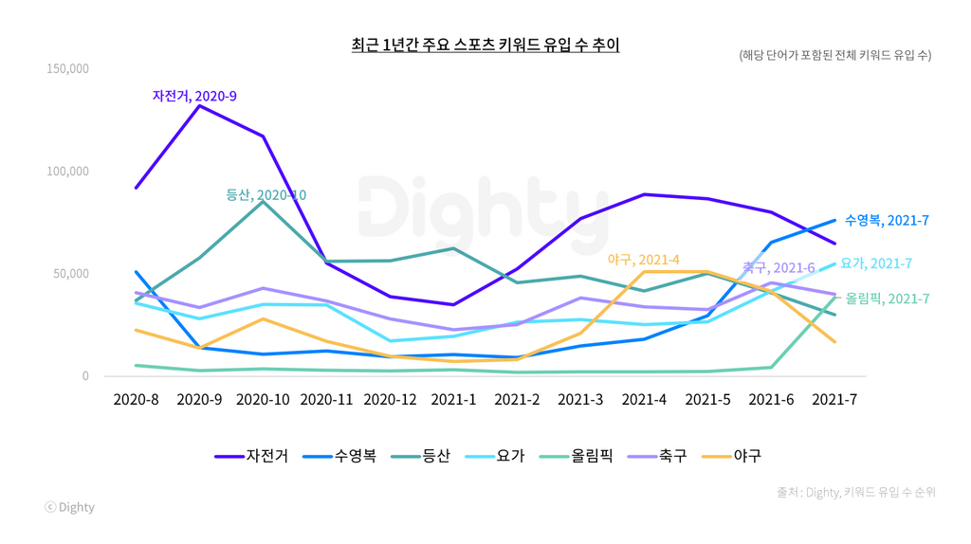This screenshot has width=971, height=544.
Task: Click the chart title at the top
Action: (485, 45)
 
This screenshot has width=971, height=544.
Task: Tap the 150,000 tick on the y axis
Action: (66, 69)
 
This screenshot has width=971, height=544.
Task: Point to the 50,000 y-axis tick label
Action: (70, 274)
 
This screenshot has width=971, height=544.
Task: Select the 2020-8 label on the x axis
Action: (136, 400)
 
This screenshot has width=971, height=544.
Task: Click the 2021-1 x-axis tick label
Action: (453, 400)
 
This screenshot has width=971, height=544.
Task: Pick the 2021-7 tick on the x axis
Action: (834, 400)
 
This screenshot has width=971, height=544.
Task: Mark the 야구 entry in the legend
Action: (733, 456)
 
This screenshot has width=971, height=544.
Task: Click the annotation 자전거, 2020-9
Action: (194, 96)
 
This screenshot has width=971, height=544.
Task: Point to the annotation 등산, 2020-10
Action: (266, 195)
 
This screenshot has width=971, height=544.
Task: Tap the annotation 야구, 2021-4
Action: (644, 259)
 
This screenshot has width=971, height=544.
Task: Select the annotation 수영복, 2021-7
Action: (887, 221)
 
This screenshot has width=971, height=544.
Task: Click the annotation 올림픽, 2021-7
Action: (887, 299)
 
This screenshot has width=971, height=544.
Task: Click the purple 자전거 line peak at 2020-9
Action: (199, 106)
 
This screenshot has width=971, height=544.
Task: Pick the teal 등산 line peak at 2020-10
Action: (263, 202)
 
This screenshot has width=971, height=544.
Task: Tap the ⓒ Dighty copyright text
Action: (70, 507)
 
